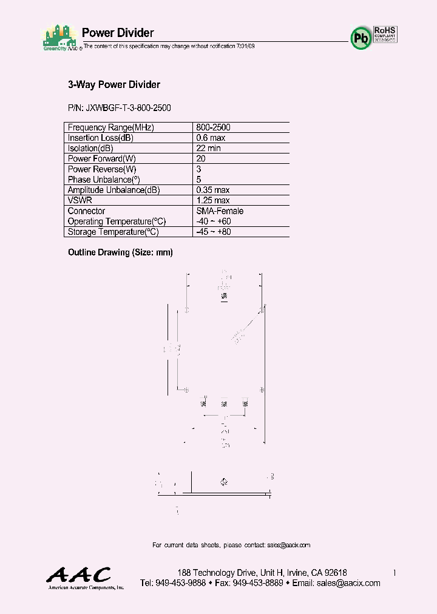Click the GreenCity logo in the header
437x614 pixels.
click(60, 38)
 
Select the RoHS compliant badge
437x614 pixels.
click(385, 34)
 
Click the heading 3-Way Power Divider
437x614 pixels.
click(113, 85)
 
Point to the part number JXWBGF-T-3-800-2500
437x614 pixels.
click(120, 108)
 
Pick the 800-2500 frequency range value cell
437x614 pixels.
click(213, 128)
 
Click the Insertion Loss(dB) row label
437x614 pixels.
click(100, 138)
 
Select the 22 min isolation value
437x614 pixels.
click(208, 149)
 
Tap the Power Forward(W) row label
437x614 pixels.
click(101, 159)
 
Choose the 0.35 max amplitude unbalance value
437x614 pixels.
click(212, 190)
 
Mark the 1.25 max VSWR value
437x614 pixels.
click(212, 200)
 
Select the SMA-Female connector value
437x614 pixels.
click(220, 211)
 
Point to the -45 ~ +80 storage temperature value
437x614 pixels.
click(214, 232)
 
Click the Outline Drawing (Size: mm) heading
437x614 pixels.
click(120, 252)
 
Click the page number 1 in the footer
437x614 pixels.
click(395, 573)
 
